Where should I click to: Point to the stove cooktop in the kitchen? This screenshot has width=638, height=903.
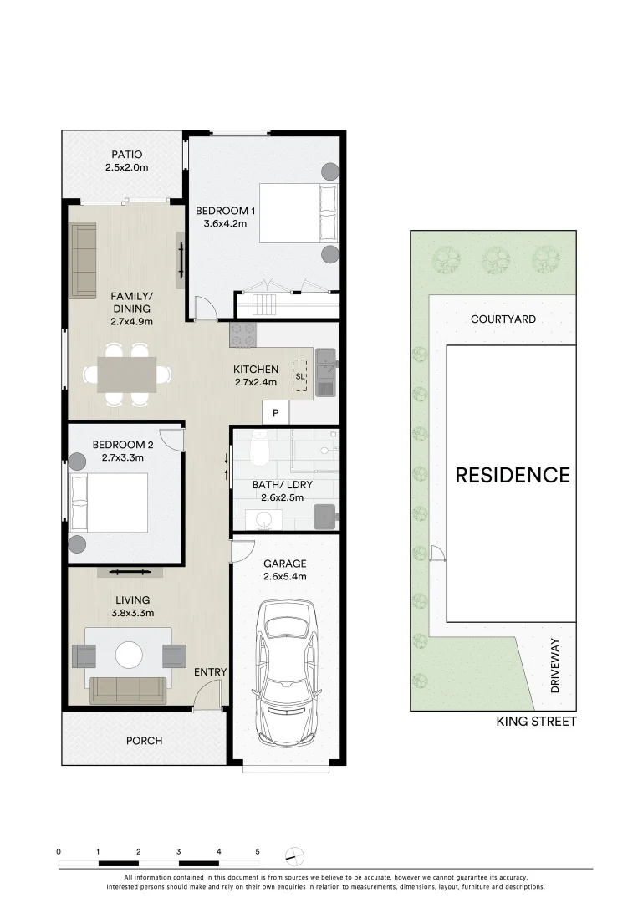242,335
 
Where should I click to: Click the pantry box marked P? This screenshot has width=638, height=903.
275,413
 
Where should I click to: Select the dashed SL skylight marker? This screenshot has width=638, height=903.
299,377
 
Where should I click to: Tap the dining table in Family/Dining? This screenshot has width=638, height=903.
127,374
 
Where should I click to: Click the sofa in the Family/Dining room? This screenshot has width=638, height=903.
83,260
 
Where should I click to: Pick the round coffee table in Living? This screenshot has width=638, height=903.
130,653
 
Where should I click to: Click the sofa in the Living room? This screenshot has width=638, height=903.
128,690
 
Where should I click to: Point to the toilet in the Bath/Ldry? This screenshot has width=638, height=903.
258,452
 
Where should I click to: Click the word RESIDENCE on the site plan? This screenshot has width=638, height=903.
512,476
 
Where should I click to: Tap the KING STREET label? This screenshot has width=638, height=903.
536,721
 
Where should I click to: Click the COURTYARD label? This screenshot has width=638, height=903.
503,319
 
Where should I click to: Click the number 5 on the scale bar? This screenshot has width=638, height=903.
258,851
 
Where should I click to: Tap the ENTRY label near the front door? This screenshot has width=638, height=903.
210,672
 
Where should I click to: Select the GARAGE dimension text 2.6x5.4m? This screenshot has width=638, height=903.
285,576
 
